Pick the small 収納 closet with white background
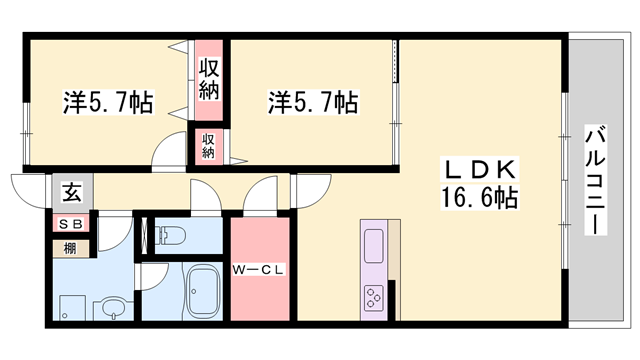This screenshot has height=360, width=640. pyautogui.click(x=209, y=146)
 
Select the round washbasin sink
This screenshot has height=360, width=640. pyautogui.click(x=113, y=307)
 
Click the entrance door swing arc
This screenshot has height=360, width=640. pyautogui.click(x=27, y=187)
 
